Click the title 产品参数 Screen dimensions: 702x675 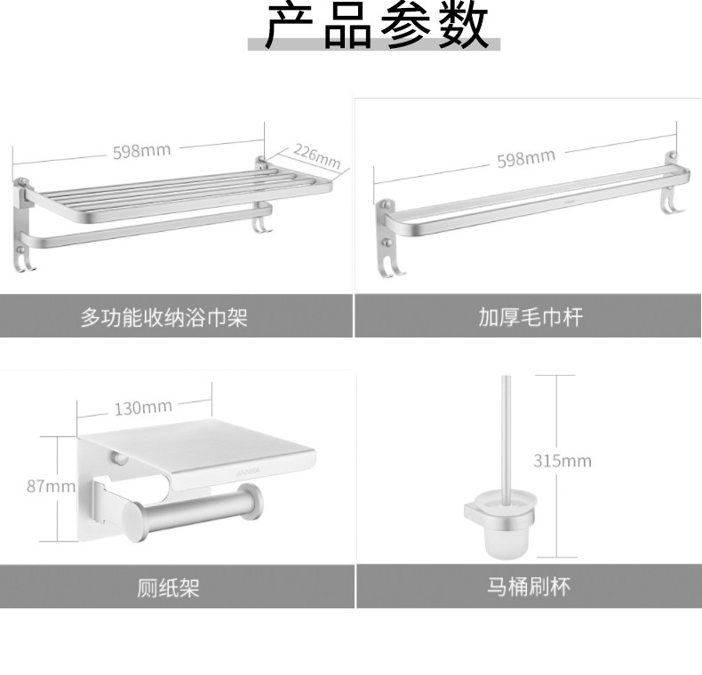[x=377, y=27]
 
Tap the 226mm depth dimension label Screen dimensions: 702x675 [x=317, y=157]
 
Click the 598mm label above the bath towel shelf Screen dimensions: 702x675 [x=141, y=150]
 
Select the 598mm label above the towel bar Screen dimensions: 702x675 [x=526, y=159]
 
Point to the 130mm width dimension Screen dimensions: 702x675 [x=143, y=408]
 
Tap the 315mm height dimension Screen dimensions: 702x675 [x=562, y=460]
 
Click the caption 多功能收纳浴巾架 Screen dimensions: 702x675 [x=164, y=317]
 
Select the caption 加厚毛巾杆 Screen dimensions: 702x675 [x=530, y=317]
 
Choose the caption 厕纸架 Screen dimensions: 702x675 [x=168, y=588]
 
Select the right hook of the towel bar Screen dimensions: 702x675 [x=667, y=207]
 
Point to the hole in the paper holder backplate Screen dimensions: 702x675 [x=121, y=459]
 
